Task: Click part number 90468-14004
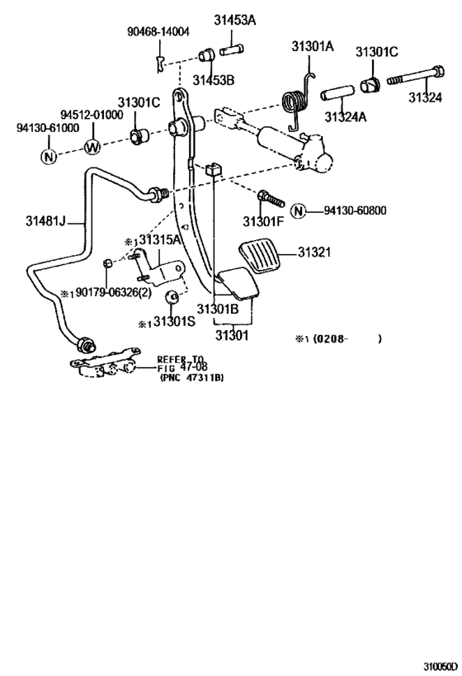[x=158, y=31]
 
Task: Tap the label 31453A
[x=234, y=20]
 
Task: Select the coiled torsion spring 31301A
[x=297, y=102]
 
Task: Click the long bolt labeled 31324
[x=416, y=75]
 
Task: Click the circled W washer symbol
[x=92, y=147]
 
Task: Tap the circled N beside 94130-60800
[x=298, y=210]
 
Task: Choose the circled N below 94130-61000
[x=49, y=156]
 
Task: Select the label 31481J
[x=45, y=221]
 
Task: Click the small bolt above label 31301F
[x=271, y=198]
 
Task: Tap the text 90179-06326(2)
[x=114, y=292]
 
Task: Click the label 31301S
[x=175, y=321]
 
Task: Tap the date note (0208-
[x=330, y=339]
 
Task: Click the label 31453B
[x=214, y=80]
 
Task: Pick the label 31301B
[x=218, y=309]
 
